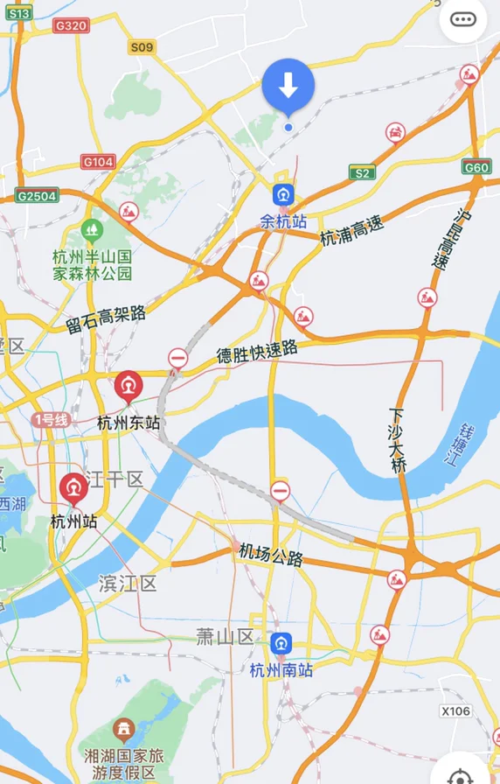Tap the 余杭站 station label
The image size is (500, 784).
283,222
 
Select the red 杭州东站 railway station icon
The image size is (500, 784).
129,385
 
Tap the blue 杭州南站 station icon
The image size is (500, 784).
281,644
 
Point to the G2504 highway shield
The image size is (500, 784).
36,196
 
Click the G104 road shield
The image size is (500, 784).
98,162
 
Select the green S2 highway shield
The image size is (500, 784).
362,173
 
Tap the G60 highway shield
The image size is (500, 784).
476,167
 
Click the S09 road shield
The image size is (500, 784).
141,47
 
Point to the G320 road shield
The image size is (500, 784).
71,26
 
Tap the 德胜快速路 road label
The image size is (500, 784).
257,353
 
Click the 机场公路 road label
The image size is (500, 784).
271,555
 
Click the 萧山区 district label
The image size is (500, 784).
225,636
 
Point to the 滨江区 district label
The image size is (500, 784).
128,584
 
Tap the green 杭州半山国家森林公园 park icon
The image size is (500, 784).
91,231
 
